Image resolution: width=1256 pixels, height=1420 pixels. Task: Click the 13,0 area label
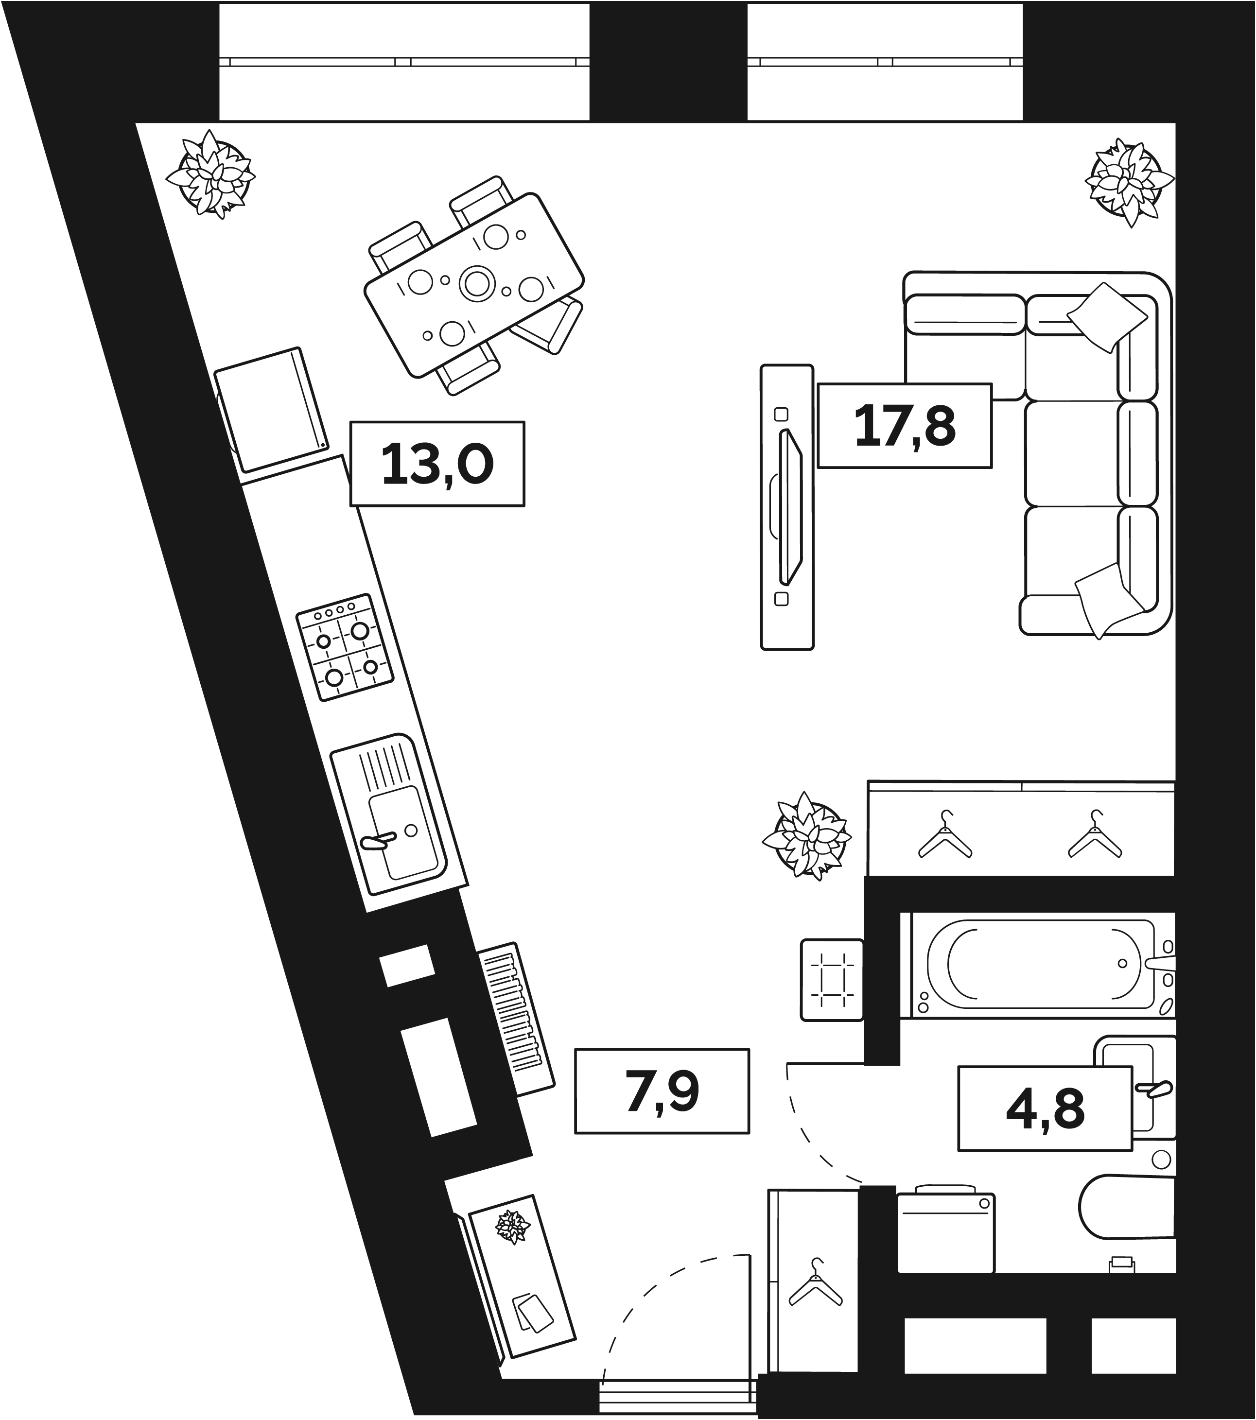(x=437, y=464)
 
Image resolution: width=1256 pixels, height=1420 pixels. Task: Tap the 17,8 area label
(x=905, y=425)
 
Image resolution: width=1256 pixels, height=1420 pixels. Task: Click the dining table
(x=474, y=286)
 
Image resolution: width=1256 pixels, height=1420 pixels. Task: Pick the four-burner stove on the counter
(x=345, y=647)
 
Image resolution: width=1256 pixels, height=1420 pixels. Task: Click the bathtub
(x=1043, y=966)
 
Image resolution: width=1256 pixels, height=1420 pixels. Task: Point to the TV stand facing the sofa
(x=787, y=507)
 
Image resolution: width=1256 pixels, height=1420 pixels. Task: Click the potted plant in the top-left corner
(x=210, y=175)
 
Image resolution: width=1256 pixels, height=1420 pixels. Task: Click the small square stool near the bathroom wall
(x=832, y=980)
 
